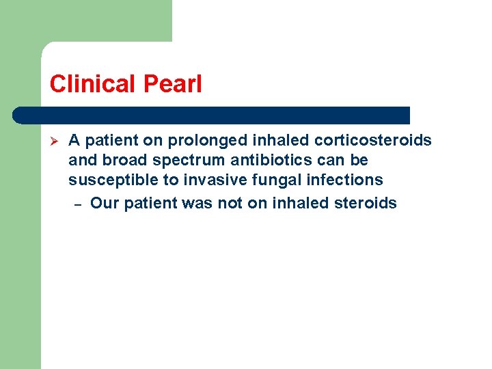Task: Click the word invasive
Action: point(204,180)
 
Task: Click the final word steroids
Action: point(366,203)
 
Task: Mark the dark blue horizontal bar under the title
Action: point(212,115)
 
